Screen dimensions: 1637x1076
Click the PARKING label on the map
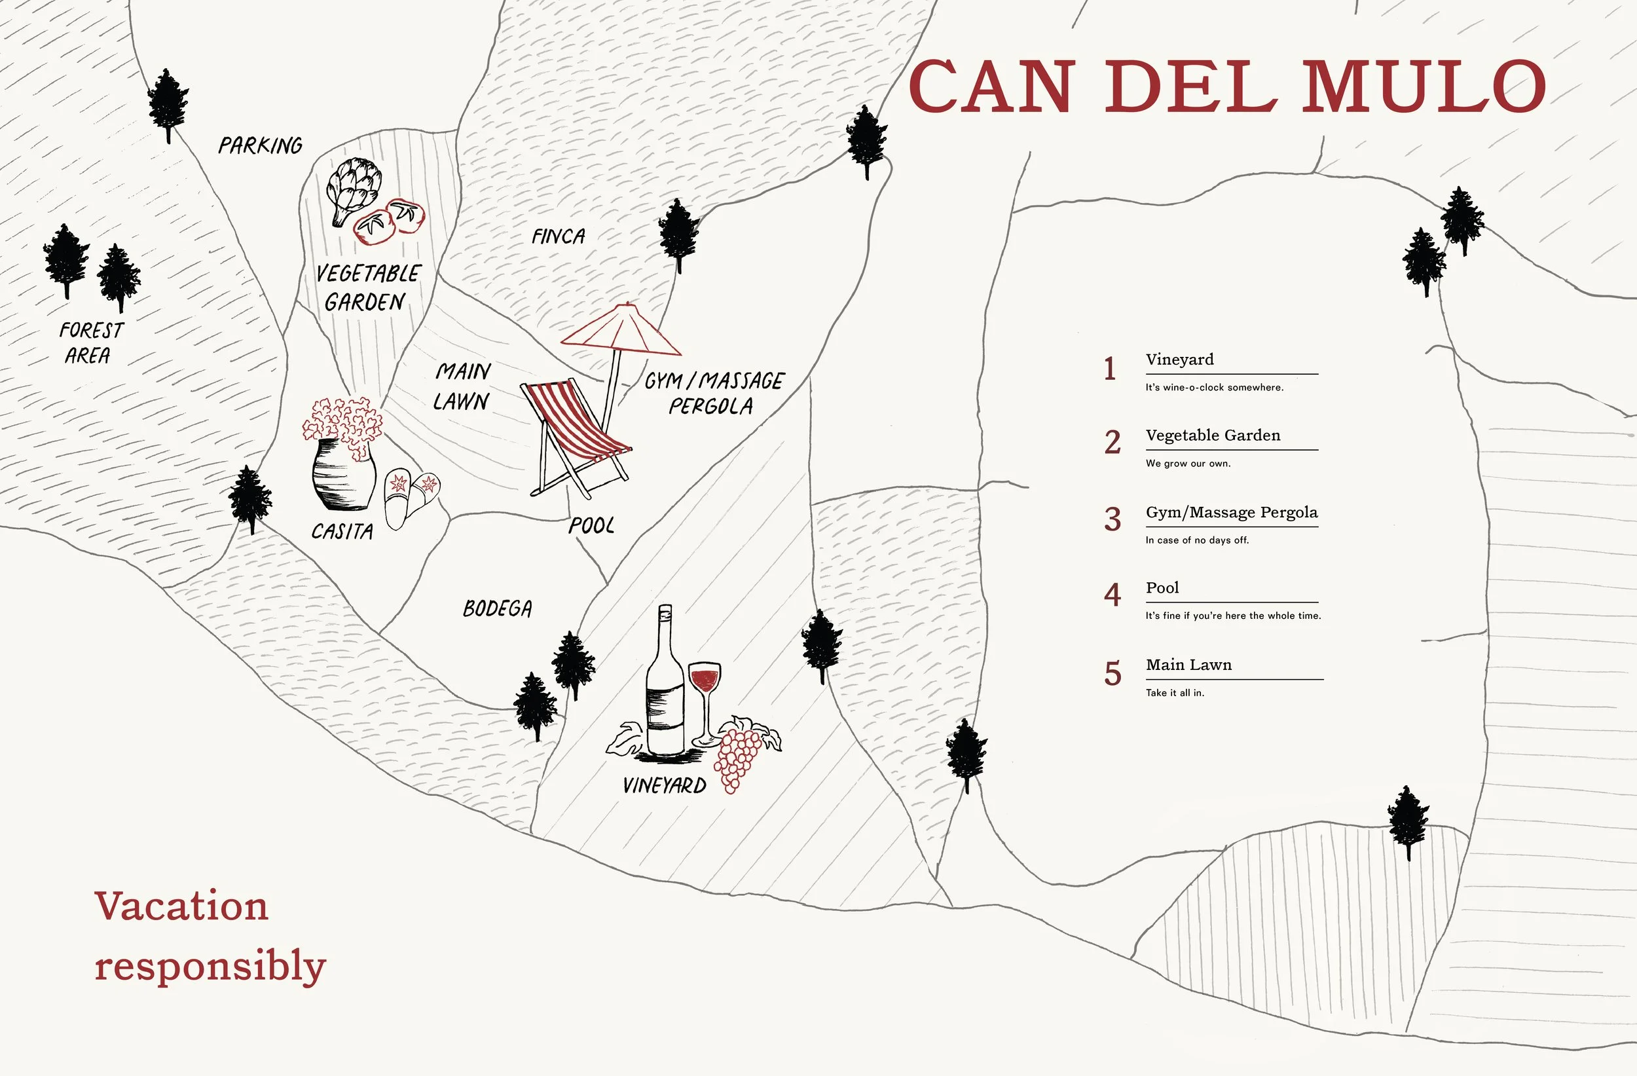pyautogui.click(x=260, y=145)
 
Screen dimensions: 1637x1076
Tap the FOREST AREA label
pyautogui.click(x=90, y=343)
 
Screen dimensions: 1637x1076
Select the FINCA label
pyautogui.click(x=558, y=236)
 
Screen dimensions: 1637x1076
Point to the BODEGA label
pyautogui.click(x=496, y=609)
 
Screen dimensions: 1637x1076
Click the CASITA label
pyautogui.click(x=342, y=531)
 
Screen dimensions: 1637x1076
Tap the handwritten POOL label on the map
pyautogui.click(x=591, y=526)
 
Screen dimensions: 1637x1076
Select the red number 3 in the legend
pyautogui.click(x=1113, y=519)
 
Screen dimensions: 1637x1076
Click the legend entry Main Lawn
pyautogui.click(x=1188, y=665)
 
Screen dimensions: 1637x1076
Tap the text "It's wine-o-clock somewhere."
pyautogui.click(x=1214, y=387)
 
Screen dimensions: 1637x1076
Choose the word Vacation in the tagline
pyautogui.click(x=181, y=906)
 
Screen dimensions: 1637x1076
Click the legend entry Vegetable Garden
pyautogui.click(x=1213, y=435)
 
